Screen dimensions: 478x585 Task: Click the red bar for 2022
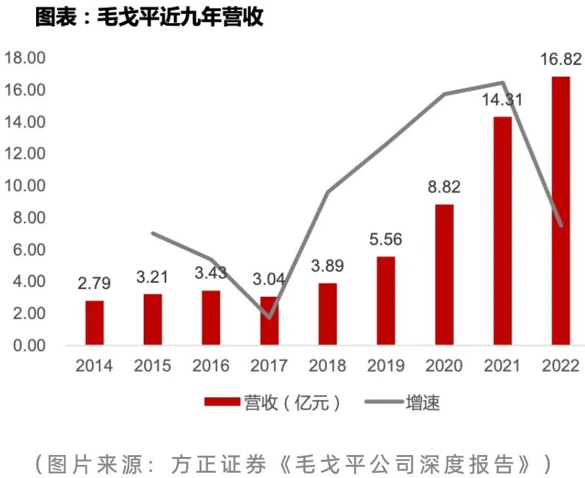tap(561, 210)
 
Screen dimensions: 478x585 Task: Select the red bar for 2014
tap(95, 322)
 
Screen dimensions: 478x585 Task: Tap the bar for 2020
tap(444, 274)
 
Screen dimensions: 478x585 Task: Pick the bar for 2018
tap(328, 314)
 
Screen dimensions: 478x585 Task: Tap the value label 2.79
tap(93, 284)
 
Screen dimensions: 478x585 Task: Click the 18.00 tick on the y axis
tap(25, 58)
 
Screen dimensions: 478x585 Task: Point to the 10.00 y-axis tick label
tap(25, 186)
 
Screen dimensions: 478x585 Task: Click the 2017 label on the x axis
tap(269, 366)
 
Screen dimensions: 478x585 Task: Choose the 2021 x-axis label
tap(502, 366)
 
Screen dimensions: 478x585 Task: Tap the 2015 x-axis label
tap(152, 366)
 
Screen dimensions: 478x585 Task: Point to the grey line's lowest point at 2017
tap(269, 318)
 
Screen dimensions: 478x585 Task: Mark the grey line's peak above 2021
tap(502, 83)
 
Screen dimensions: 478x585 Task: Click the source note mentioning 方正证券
tap(293, 463)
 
